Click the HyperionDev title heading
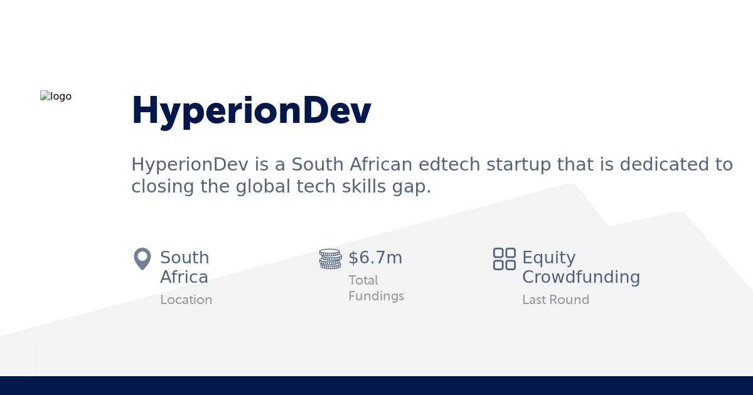251,111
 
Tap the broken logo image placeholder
56,97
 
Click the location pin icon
142,258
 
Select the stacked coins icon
330,258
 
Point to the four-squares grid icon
504,258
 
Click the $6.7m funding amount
375,258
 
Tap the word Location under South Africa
186,300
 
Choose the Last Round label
555,300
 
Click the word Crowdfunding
581,277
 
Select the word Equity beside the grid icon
548,258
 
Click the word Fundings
376,296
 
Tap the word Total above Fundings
363,280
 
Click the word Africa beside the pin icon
184,277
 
